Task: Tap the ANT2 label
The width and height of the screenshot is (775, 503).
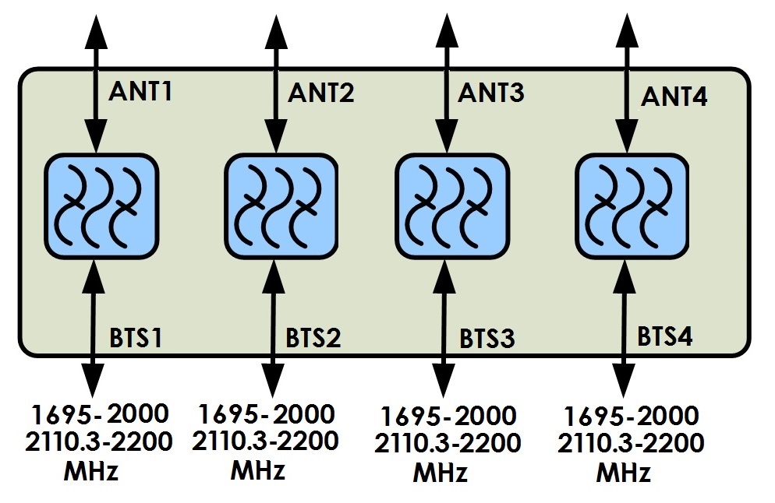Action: point(321,93)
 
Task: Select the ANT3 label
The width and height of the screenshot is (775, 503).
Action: point(491,92)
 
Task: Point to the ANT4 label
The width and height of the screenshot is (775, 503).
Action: point(674,97)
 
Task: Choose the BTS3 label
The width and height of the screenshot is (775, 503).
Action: point(487,339)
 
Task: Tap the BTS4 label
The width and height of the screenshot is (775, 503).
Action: point(665,336)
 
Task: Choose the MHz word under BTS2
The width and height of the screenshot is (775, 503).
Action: point(257,470)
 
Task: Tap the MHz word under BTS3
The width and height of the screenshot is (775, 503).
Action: point(441,473)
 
